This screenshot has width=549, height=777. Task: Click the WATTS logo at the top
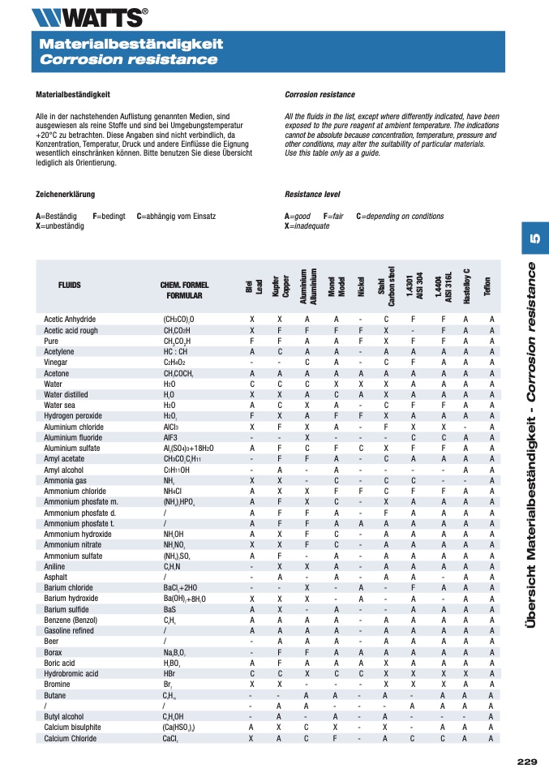point(89,16)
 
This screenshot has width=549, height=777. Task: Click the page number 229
point(527,761)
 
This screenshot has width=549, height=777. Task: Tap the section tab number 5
point(534,240)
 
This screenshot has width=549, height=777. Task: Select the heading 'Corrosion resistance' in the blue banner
point(129,60)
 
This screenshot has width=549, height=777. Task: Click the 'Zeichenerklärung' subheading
point(66,195)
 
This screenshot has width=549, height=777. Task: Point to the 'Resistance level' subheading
point(312,195)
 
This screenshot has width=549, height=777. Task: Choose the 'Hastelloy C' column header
point(466,285)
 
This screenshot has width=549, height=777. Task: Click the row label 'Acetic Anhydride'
point(70,320)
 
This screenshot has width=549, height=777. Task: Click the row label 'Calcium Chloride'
point(71,739)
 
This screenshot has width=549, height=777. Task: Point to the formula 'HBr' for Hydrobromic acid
point(169,674)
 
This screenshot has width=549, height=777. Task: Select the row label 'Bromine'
point(57,685)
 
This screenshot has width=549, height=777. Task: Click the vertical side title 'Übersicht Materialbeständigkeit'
point(532,536)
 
